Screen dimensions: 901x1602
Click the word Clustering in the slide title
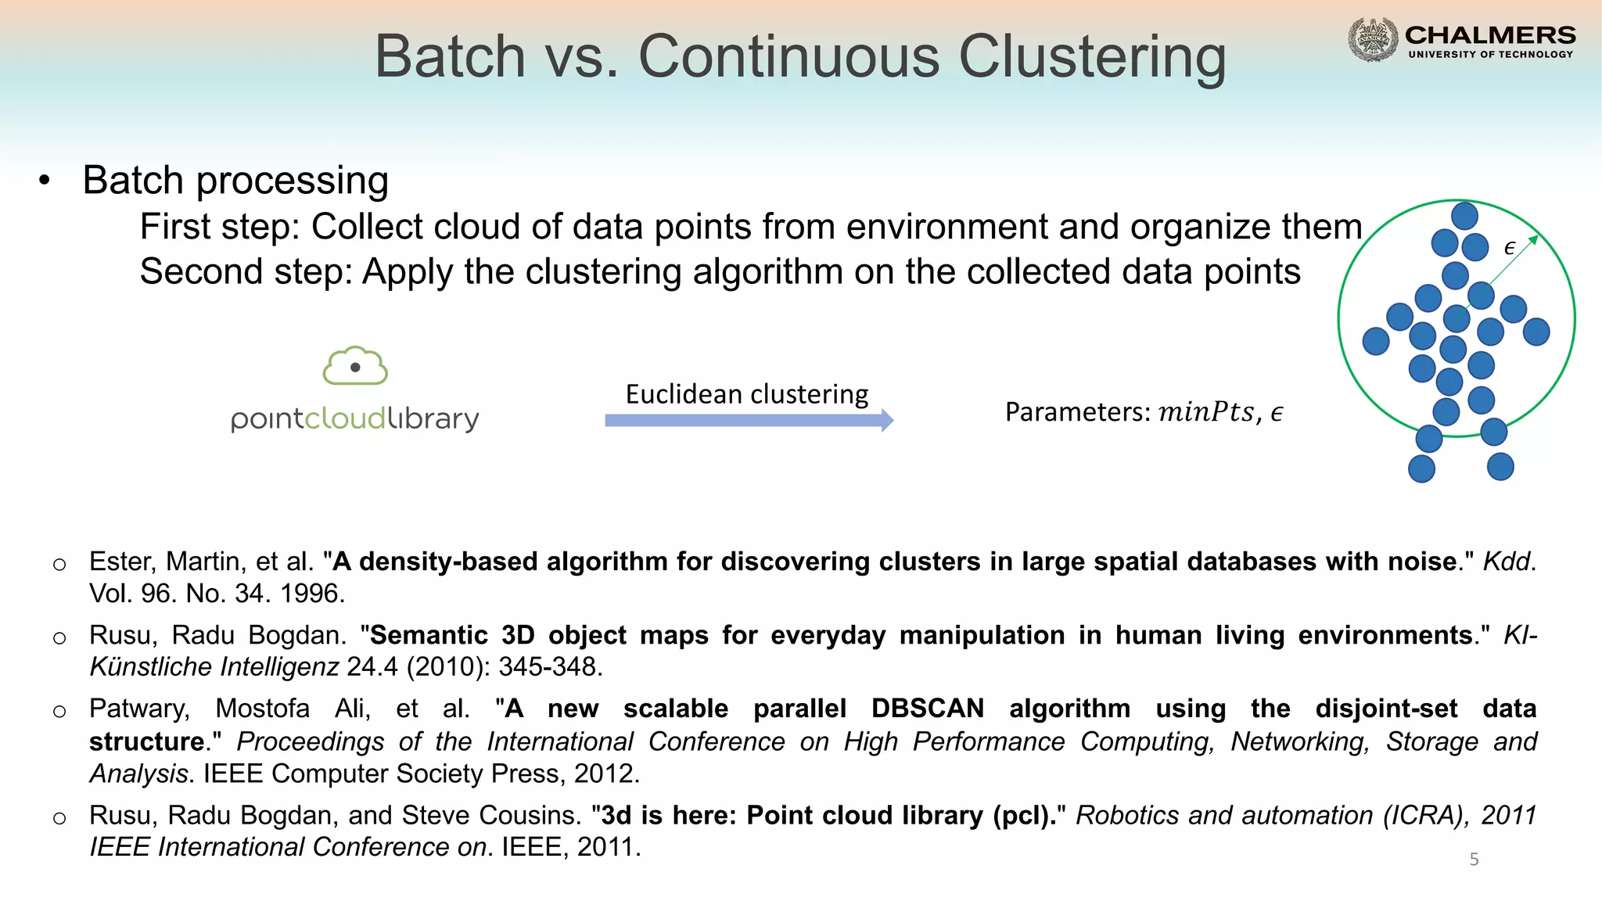tap(1092, 57)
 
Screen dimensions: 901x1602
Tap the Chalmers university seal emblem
tap(1373, 39)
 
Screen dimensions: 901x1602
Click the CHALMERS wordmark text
tap(1490, 35)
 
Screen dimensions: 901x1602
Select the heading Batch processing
tap(235, 181)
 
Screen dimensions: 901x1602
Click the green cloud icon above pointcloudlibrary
tap(355, 365)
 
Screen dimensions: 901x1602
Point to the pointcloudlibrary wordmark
tap(354, 419)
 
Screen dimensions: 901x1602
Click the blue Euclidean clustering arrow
tap(749, 420)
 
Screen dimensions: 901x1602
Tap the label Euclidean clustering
tap(746, 394)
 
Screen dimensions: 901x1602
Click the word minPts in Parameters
tap(1205, 412)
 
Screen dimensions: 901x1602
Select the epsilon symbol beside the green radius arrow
tap(1510, 249)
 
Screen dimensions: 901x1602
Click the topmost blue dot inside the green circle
tap(1464, 216)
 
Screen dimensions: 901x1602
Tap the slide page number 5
tap(1474, 860)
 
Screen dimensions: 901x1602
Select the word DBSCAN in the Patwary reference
tap(927, 709)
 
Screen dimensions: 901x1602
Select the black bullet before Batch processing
tap(45, 181)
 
